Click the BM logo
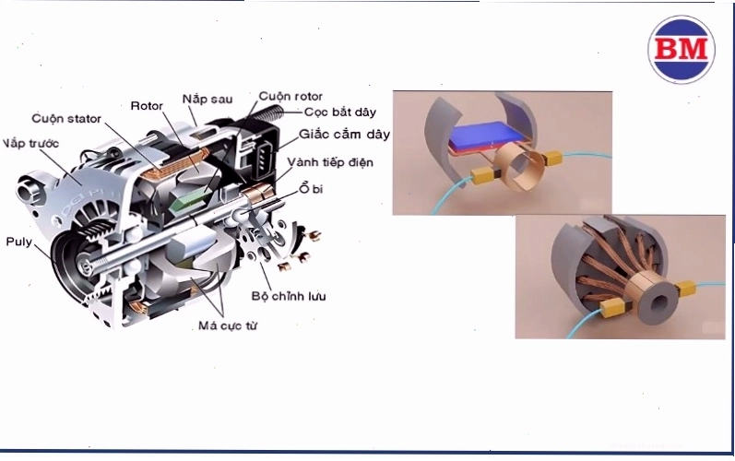tap(682, 49)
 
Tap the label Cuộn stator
tap(66, 119)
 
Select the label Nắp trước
tap(30, 143)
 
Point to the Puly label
tap(18, 242)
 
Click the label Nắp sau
tap(207, 99)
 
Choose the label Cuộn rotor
tap(290, 97)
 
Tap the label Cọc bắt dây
tap(340, 112)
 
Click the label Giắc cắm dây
tap(345, 135)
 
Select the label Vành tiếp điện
tap(330, 162)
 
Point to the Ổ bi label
tap(312, 188)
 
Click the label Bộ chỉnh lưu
tap(289, 296)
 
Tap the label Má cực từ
tap(228, 325)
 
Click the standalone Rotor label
tap(147, 106)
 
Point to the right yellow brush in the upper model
tap(552, 159)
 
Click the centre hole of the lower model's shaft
tap(661, 304)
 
